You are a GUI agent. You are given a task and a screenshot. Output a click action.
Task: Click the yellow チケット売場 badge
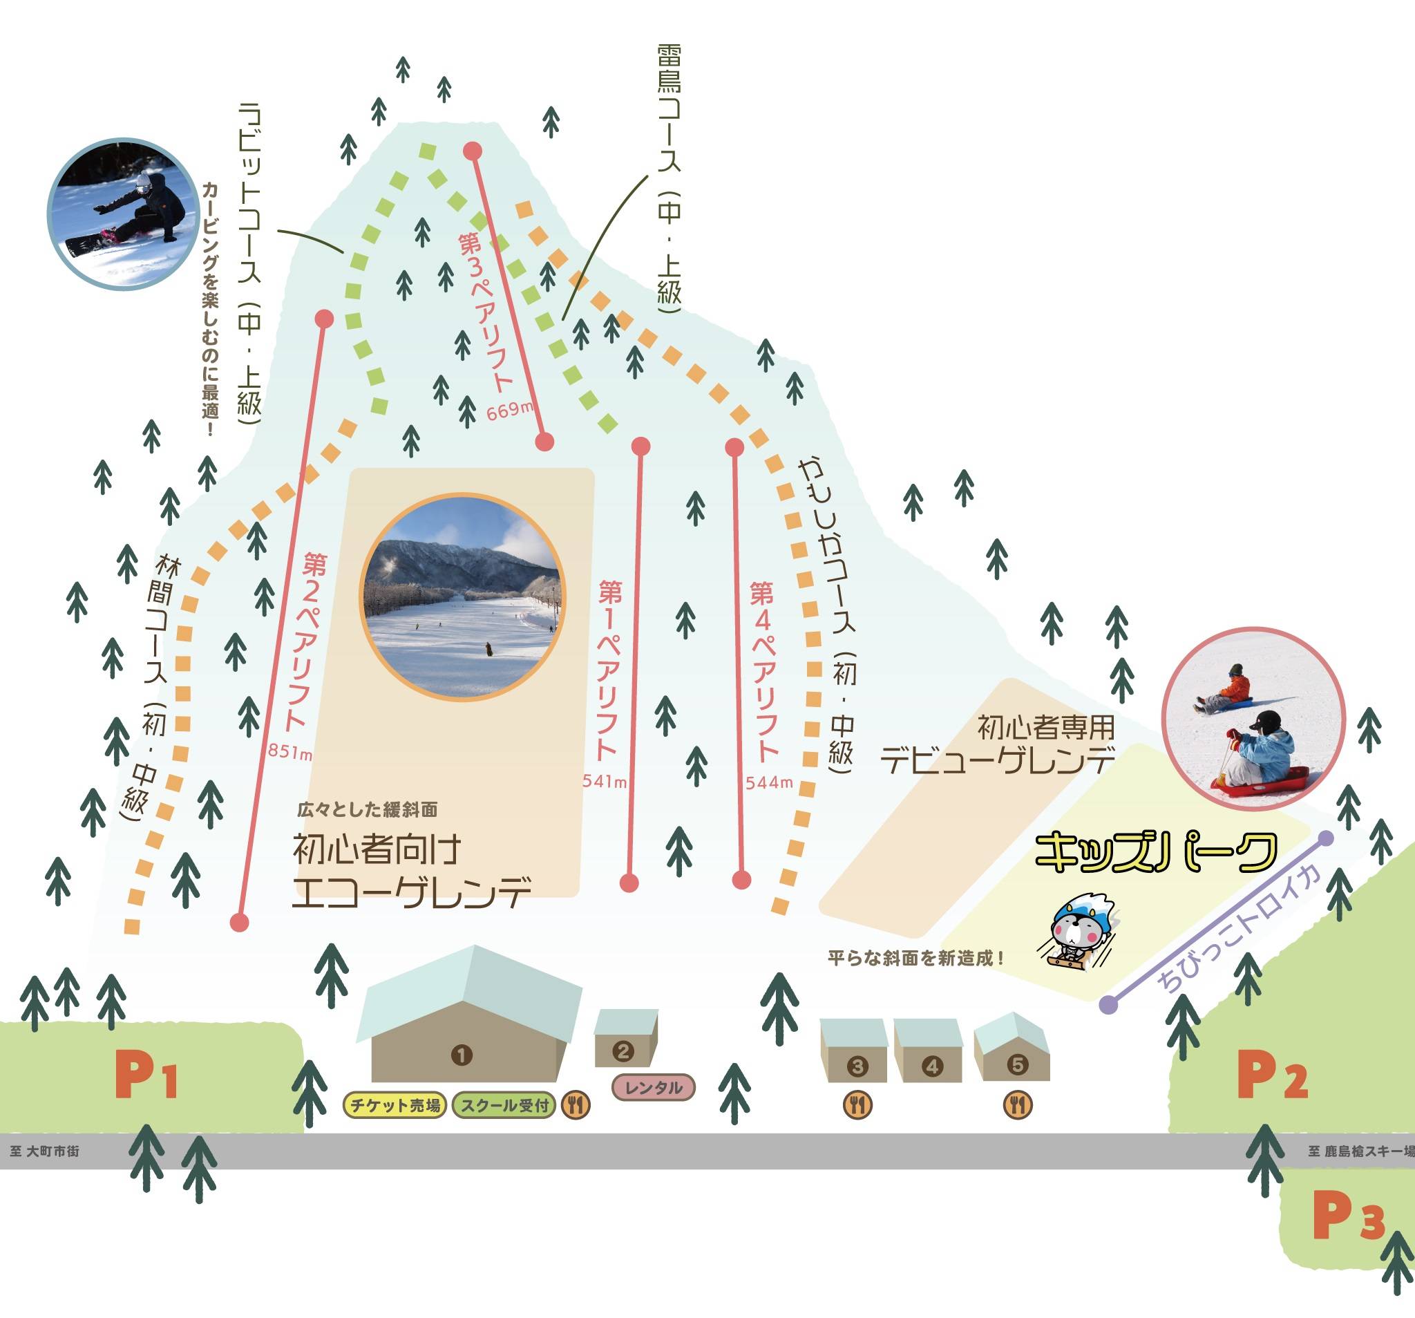pos(395,1106)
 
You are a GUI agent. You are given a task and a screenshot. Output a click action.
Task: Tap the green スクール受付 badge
pos(504,1106)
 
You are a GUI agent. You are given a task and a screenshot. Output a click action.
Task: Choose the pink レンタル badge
pos(653,1087)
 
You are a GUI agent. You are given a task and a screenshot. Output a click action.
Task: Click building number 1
pos(462,1055)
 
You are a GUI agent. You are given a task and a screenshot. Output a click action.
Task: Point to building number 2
pos(623,1051)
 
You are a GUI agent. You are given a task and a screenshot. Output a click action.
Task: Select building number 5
pos(1018,1065)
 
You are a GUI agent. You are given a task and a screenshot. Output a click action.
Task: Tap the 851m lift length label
pos(289,752)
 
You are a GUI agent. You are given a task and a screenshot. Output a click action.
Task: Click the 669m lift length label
pos(510,411)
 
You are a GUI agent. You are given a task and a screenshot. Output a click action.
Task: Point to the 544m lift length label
pos(769,782)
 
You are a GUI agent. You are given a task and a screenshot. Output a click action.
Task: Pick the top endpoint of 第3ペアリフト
pos(473,151)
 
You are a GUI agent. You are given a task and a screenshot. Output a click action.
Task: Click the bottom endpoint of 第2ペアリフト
pos(240,923)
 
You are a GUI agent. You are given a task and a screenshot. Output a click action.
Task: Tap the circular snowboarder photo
pos(122,214)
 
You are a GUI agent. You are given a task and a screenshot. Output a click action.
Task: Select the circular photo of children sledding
pos(1253,720)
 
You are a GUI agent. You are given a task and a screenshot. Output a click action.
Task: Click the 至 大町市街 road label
pos(44,1151)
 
